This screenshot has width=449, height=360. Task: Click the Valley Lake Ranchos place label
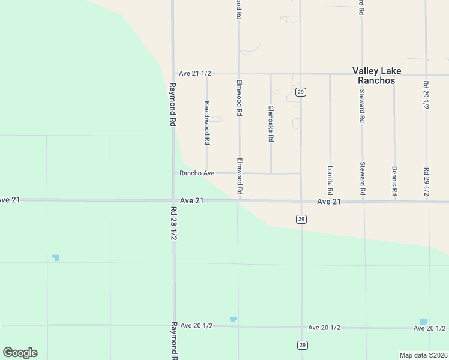click(376, 76)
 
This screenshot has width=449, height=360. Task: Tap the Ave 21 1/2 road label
click(195, 73)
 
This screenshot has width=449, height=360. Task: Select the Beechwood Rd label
click(206, 123)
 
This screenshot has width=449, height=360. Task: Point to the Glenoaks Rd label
click(271, 124)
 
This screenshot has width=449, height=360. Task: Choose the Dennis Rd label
click(394, 181)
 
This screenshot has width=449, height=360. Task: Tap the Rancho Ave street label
click(197, 173)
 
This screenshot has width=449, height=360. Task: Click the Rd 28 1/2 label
click(173, 224)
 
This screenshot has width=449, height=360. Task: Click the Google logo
click(20, 353)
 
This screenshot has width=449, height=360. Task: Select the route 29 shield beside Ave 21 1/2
click(301, 92)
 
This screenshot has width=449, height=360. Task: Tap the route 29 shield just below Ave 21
click(300, 220)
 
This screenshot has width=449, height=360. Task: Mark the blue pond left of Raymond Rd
click(56, 258)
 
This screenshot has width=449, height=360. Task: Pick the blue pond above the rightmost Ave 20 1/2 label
click(423, 322)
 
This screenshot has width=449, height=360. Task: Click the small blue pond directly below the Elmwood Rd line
click(233, 319)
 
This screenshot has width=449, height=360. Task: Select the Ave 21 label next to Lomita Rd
click(329, 202)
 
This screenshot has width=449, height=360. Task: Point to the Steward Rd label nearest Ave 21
click(362, 179)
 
